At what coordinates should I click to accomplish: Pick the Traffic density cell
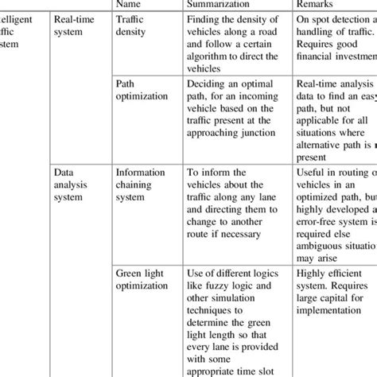pyautogui.click(x=132, y=29)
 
